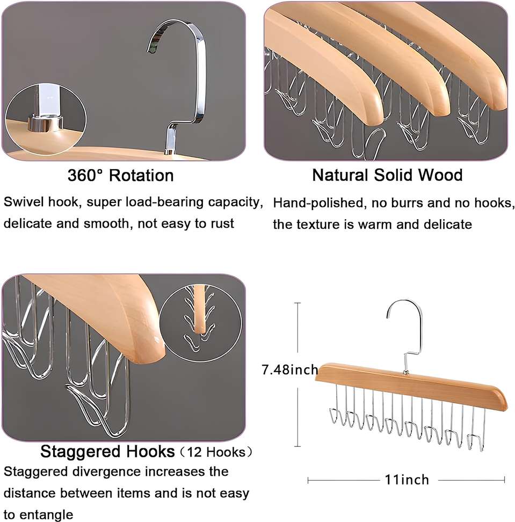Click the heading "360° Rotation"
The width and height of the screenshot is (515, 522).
click(x=120, y=175)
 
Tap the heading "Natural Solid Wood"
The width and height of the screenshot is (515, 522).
click(x=388, y=175)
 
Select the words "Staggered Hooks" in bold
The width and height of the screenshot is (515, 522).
click(x=107, y=452)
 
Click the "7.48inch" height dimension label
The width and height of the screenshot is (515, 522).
click(x=290, y=369)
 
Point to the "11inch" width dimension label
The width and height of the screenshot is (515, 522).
click(x=407, y=480)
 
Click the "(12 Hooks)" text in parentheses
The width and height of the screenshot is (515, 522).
click(x=216, y=452)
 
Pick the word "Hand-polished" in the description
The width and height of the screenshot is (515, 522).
click(x=318, y=203)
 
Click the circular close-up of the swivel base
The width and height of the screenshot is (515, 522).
click(x=46, y=119)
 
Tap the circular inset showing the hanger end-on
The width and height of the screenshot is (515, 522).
click(x=201, y=322)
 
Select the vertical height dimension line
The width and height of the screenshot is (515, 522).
click(x=298, y=374)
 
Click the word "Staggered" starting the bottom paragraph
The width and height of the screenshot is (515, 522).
click(x=37, y=472)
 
